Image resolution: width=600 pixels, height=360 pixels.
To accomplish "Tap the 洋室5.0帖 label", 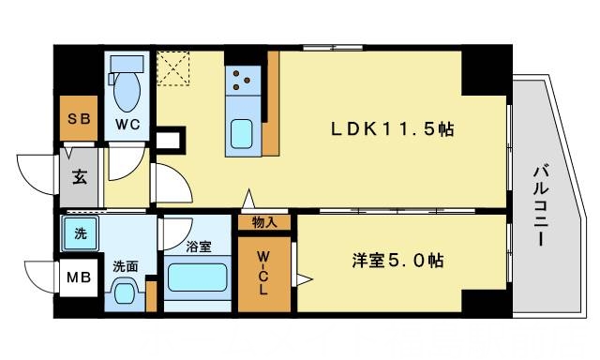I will coord(384,260).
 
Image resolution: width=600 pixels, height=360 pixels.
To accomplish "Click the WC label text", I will coord(127,124).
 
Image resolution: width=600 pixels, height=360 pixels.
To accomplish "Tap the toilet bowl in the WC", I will coord(126,90).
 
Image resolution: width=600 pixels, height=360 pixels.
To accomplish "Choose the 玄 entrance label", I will coord(80,174).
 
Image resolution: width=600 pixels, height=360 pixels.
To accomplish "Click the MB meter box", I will coord(77,278).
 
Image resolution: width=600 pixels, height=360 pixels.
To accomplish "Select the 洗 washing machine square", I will coord(80,232).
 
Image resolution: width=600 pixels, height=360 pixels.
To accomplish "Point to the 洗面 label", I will coord(125,266).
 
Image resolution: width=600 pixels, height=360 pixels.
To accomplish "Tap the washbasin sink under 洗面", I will coord(125,294).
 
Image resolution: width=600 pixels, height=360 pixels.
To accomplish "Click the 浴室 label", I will coord(197,247).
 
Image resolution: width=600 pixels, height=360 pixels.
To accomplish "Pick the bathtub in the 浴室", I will coord(197,279).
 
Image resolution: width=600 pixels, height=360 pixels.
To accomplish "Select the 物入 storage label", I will coord(263,222).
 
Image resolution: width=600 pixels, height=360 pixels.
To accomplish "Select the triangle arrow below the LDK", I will coord(248,200).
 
